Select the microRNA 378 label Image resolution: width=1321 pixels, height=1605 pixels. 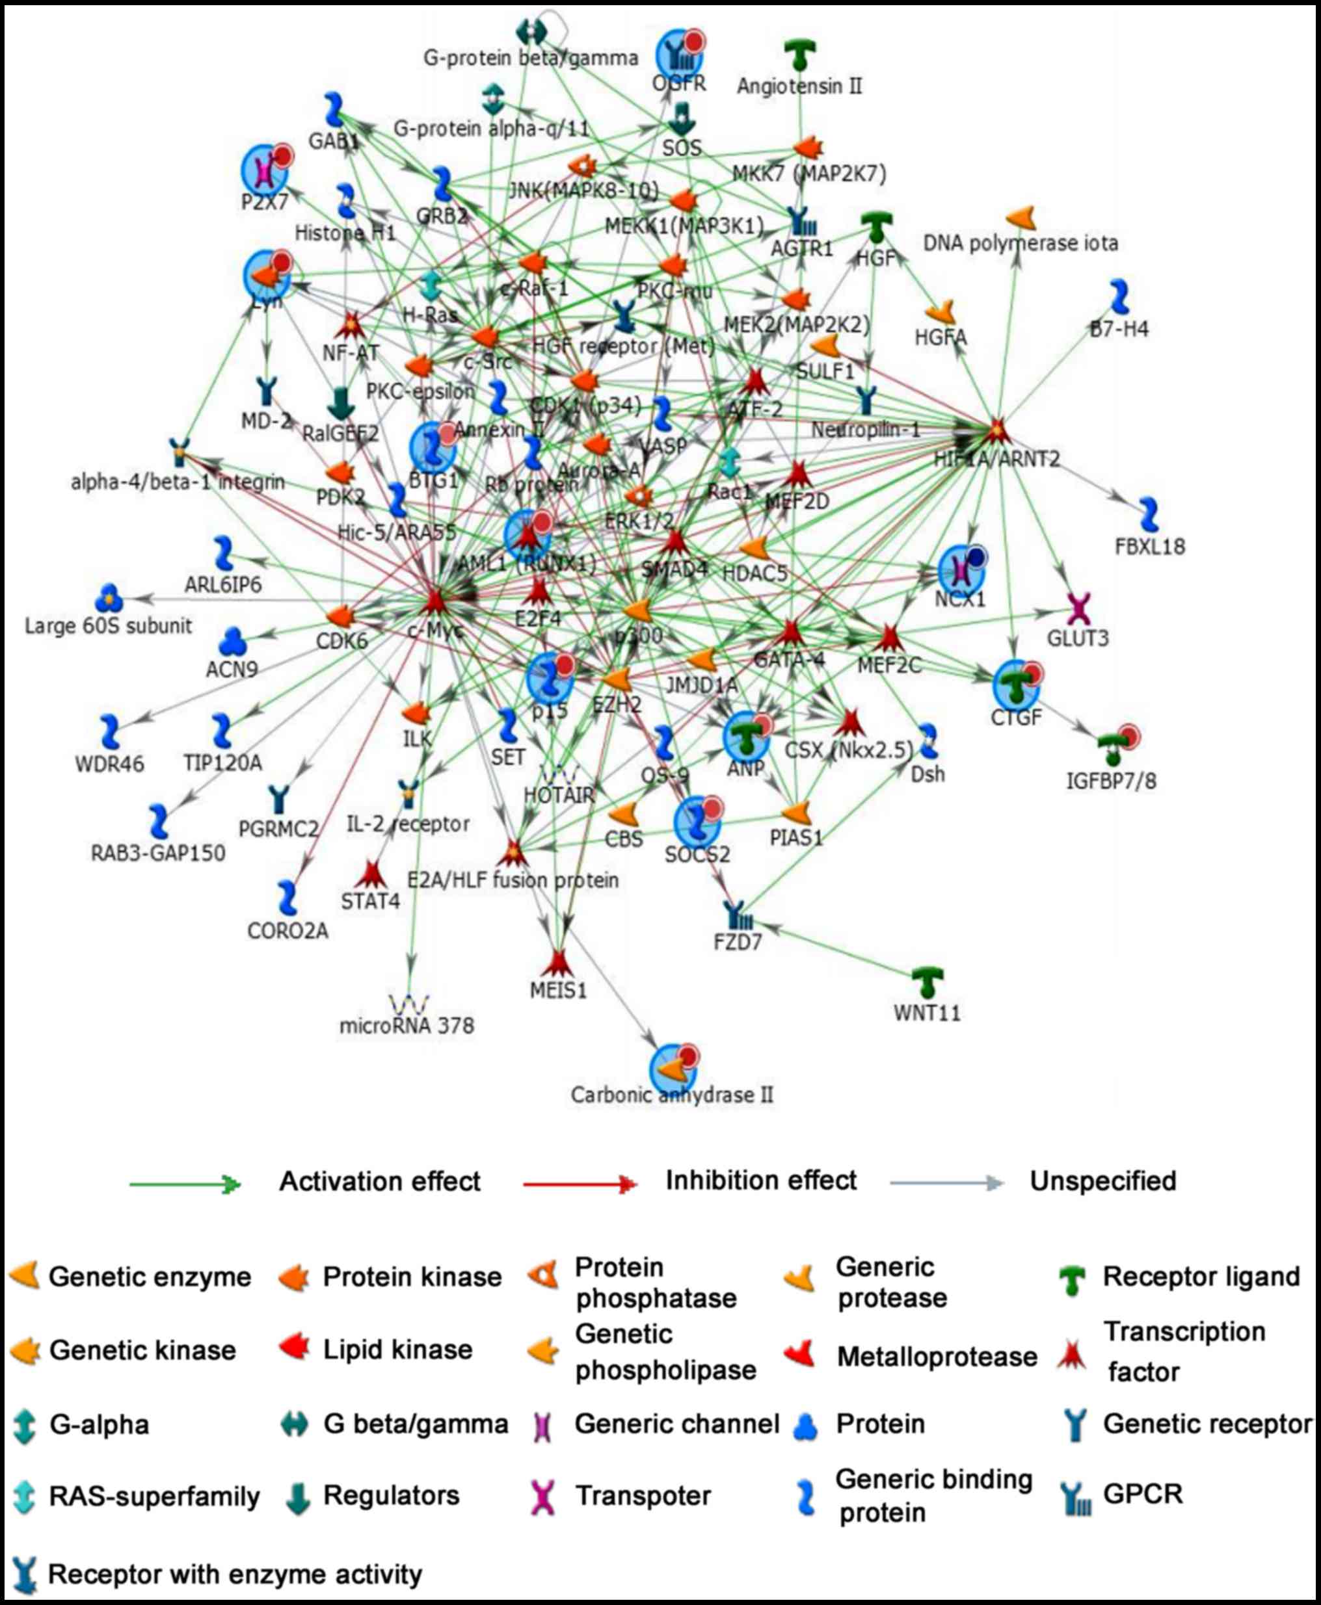coord(407,1026)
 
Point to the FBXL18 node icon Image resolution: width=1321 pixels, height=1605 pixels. coord(1148,515)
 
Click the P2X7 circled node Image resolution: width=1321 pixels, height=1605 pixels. coord(265,170)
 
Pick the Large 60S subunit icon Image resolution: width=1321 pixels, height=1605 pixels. coord(109,598)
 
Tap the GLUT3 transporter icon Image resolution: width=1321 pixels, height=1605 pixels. coord(1078,608)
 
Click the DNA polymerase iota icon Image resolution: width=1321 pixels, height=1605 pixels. coord(1021,218)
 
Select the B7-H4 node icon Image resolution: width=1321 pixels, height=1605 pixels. coord(1119,296)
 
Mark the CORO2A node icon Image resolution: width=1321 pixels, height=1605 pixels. coord(287,898)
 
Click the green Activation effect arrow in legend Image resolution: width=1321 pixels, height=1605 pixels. coord(185,1184)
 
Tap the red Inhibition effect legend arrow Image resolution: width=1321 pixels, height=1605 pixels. coord(580,1184)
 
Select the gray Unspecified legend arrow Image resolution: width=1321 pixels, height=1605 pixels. coord(946,1183)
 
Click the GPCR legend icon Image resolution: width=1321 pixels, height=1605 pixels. coord(1075,1498)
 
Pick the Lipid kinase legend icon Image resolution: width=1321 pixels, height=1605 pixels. coord(295,1348)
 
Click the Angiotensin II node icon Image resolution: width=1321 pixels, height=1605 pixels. coord(800,55)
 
